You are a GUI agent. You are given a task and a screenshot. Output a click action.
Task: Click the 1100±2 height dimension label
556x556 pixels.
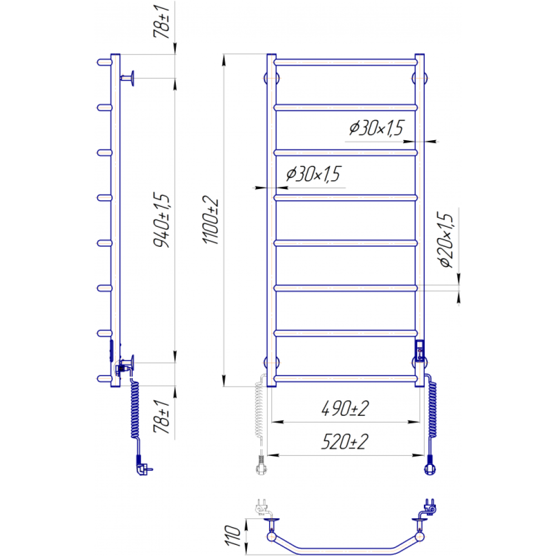(211, 220)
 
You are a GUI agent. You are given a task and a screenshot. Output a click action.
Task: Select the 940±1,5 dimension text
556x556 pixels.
(161, 220)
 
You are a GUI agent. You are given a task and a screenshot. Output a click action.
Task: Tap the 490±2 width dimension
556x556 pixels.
(345, 409)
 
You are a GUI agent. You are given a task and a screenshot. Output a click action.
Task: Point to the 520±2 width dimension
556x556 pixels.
(345, 442)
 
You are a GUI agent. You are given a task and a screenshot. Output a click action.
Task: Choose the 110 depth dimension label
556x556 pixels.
(232, 536)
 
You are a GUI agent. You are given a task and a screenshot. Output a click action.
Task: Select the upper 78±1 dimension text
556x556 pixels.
(162, 21)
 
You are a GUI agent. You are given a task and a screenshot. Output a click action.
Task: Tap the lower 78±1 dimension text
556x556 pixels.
(162, 416)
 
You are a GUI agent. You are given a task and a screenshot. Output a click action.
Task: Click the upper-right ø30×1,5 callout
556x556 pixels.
(376, 128)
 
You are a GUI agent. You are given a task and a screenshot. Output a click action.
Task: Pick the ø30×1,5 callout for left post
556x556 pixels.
(313, 173)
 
